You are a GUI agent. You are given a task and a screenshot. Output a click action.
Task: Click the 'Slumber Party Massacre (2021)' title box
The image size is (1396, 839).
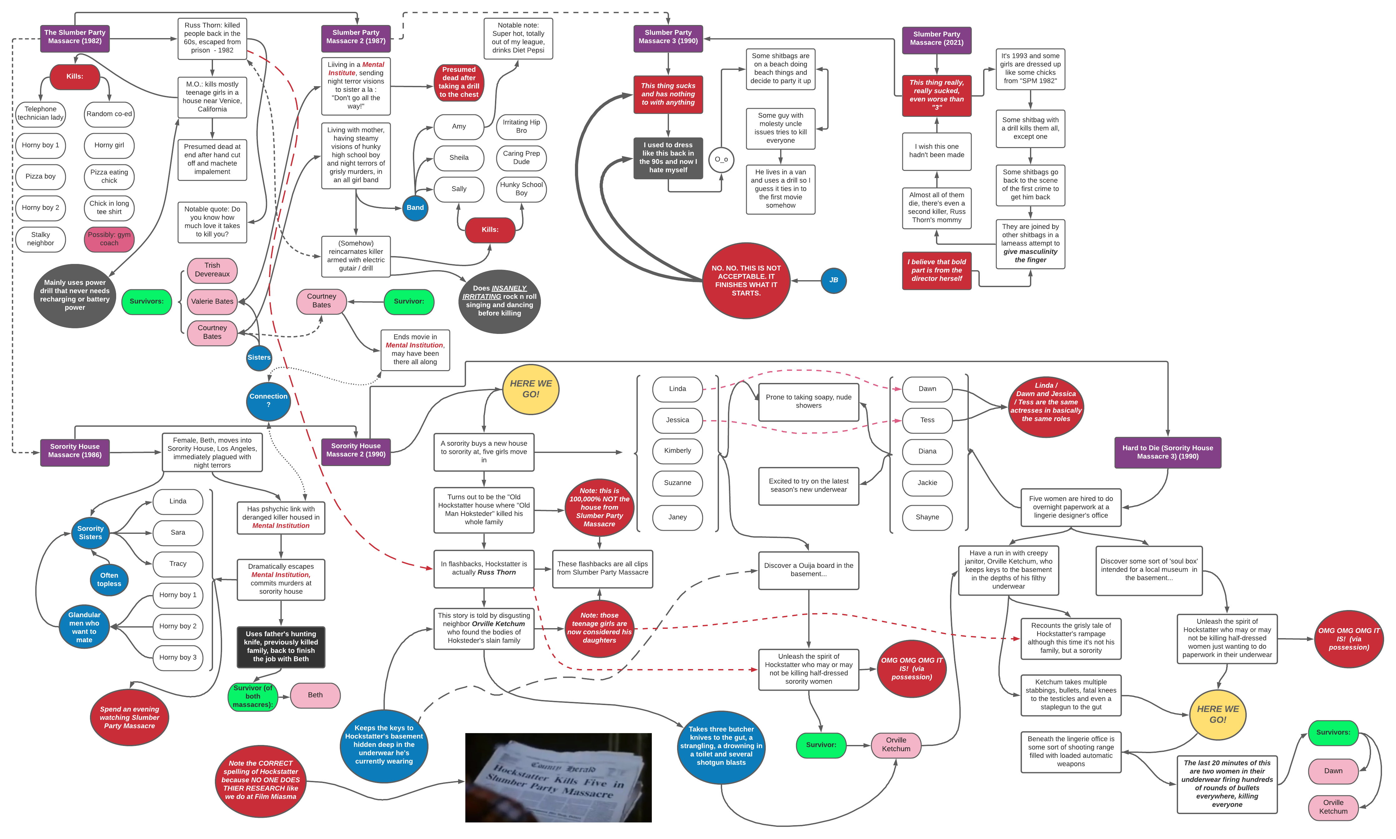[x=937, y=38]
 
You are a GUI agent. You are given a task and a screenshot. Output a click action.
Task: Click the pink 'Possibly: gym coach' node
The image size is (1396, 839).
[x=109, y=239]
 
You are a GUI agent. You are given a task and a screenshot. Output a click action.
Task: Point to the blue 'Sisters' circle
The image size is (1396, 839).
[x=259, y=357]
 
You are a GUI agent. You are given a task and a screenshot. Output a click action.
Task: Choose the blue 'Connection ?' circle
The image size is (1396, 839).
[x=269, y=400]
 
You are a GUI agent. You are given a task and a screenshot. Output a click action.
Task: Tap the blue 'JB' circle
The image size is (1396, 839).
[x=833, y=280]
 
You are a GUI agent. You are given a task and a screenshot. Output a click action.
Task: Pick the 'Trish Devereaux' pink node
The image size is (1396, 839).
[x=212, y=270]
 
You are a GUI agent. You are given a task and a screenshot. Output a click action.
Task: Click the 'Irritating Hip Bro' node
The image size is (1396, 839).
[x=521, y=126]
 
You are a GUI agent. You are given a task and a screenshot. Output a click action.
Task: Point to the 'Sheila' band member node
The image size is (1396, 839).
[x=459, y=158]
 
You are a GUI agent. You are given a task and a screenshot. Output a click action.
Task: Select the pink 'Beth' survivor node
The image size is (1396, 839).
[x=315, y=695]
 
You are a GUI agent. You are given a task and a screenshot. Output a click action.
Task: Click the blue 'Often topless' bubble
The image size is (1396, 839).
[x=109, y=579]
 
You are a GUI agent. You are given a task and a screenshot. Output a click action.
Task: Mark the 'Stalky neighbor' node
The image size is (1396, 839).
[x=41, y=239]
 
